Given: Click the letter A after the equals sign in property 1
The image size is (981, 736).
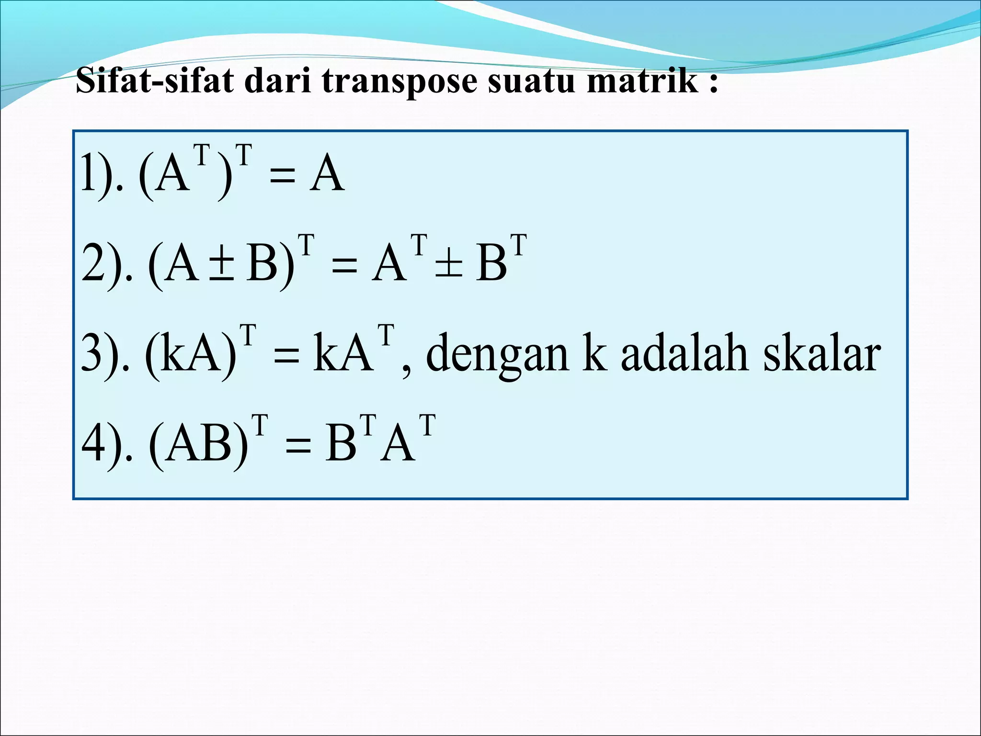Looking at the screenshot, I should click(x=327, y=173).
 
